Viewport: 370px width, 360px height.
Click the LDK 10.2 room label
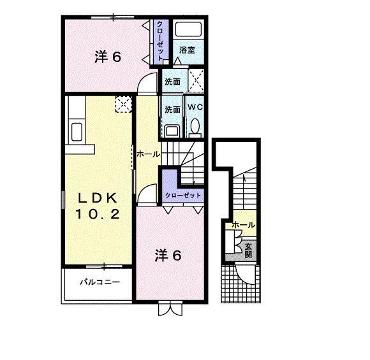coord(98,206)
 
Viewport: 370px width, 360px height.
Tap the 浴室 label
coord(187,50)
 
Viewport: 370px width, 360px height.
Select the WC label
coord(195,107)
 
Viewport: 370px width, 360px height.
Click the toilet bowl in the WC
coord(195,126)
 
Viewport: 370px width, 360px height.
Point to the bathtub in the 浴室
coord(188,29)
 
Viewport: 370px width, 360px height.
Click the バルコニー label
coord(100,282)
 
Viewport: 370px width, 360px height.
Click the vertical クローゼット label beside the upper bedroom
coord(160,41)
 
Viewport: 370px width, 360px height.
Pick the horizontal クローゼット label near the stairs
coord(183,196)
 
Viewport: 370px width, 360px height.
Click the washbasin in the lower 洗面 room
coord(172,131)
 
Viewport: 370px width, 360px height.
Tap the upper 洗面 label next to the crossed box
coord(172,82)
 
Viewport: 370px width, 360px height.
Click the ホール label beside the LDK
coord(149,154)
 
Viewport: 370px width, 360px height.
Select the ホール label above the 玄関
coord(244,225)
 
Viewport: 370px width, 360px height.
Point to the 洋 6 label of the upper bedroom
coord(108,57)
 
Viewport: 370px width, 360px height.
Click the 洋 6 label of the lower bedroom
coord(168,255)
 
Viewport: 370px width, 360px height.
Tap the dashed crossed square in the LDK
coord(123,104)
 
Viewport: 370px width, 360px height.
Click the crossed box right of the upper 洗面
coord(196,80)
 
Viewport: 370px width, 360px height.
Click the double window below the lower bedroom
coord(170,308)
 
